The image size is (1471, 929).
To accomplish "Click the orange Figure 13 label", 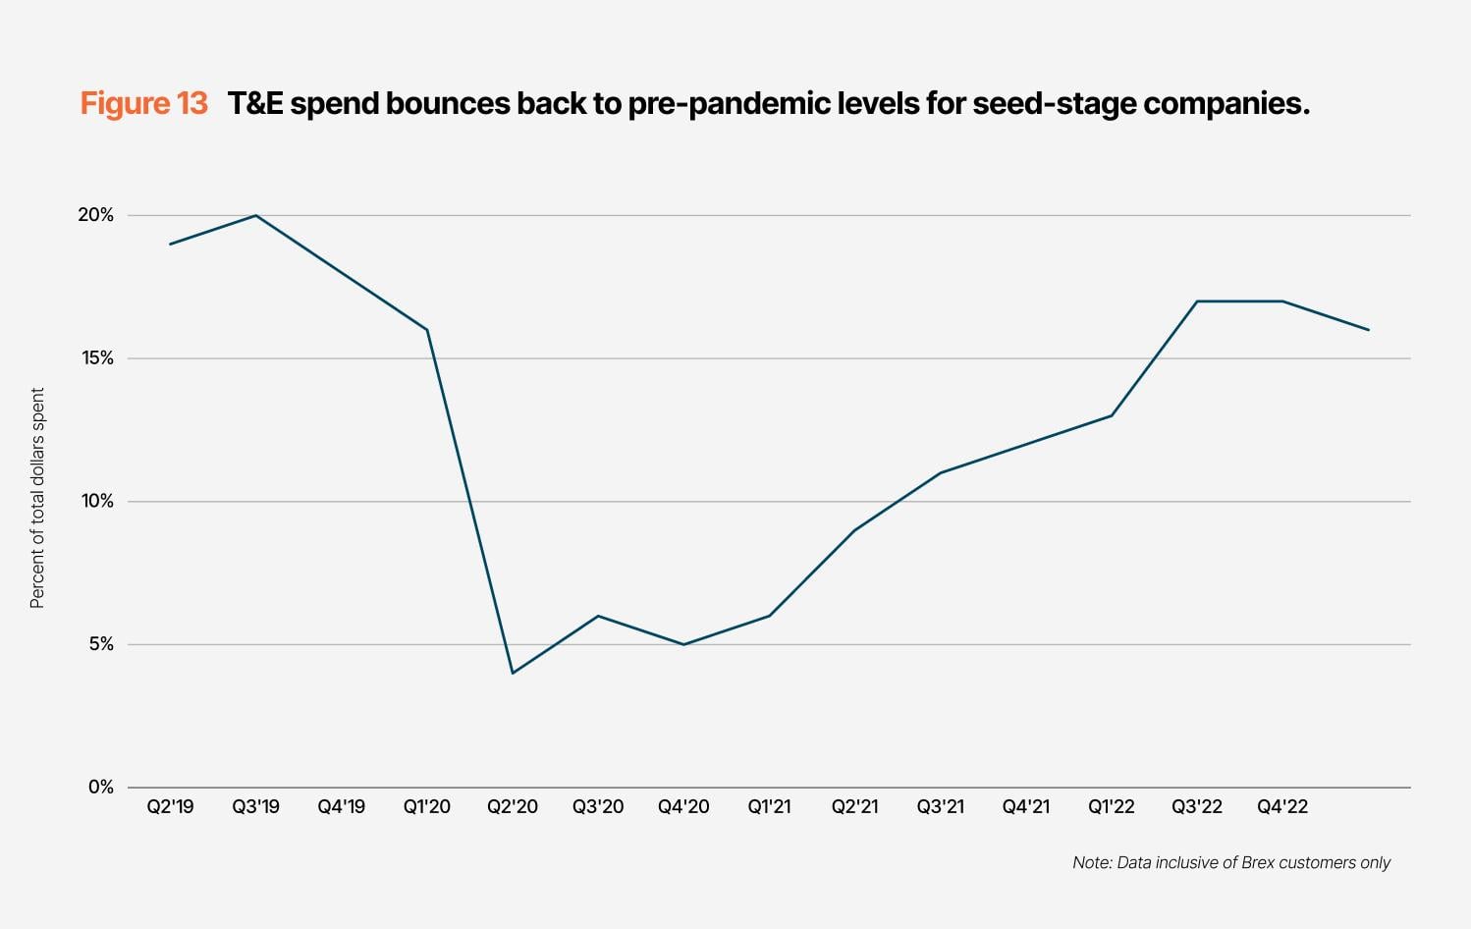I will coord(143,103).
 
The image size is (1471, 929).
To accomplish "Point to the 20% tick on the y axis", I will coord(96,215).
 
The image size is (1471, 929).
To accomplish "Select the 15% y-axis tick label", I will coord(96,358).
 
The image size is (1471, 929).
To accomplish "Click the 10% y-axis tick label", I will coord(96,502).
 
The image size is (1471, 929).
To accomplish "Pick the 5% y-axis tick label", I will coord(100,645).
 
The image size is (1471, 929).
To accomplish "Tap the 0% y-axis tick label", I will coord(100,788).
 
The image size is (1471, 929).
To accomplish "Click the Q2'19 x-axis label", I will coord(171,807).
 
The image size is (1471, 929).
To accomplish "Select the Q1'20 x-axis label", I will coord(427,807).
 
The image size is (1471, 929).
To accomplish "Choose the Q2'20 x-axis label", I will coord(513,807).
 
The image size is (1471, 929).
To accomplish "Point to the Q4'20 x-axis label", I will coord(683,807).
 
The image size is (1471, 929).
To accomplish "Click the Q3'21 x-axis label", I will coord(941,807).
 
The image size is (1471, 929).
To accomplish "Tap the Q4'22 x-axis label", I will coord(1282,807).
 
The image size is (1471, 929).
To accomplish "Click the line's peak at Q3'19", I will coord(256,215).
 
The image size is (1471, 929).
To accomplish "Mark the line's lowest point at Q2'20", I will coord(513,673).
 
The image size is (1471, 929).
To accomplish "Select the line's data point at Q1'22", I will coord(1112,415).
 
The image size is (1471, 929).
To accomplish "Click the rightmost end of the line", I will coord(1369,330).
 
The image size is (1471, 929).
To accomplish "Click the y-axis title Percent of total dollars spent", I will coord(37,498).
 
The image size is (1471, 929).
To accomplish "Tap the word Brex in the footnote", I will coord(1258,863).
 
